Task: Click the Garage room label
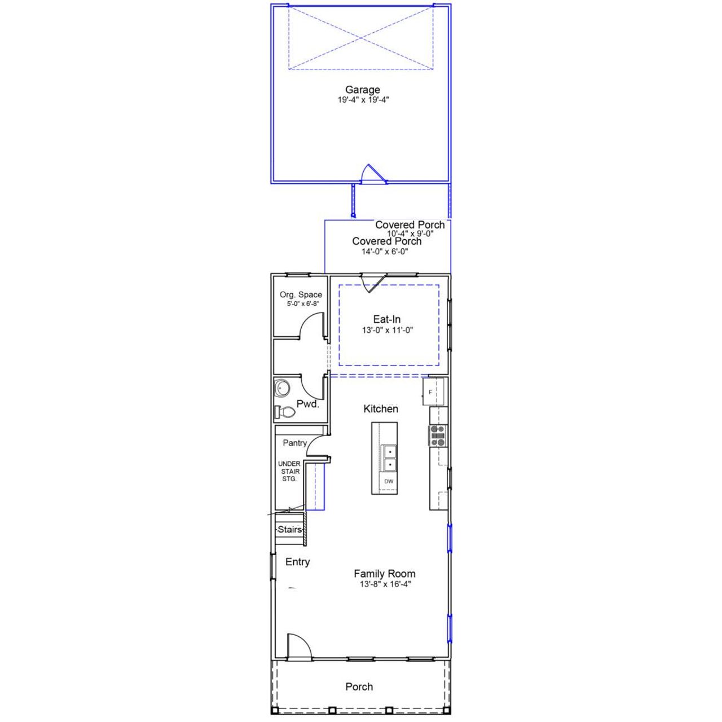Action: pos(362,90)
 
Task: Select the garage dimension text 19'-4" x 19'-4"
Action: pos(363,100)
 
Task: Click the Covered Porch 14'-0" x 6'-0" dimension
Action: pos(385,252)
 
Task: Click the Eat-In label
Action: pos(387,319)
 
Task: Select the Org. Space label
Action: pos(301,294)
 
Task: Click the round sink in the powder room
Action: pos(282,388)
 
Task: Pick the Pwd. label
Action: pos(307,404)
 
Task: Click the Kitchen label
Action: pos(381,409)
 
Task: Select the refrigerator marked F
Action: pos(434,392)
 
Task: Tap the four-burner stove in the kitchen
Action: pos(438,436)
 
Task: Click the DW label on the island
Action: pos(389,481)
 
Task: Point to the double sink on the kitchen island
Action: pos(389,457)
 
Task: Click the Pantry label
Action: pos(294,443)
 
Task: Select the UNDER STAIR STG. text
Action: pos(289,471)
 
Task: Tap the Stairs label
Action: pos(289,530)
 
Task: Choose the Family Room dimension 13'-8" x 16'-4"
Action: pos(385,584)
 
